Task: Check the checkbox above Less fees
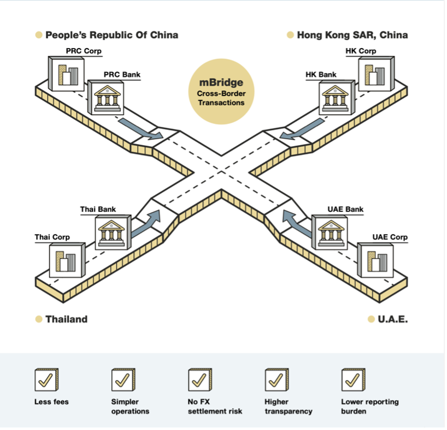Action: pos(46,379)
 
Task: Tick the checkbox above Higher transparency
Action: pos(277,379)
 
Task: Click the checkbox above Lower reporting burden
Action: pos(353,379)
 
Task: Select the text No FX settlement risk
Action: pos(215,407)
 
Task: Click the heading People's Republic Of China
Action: pos(111,35)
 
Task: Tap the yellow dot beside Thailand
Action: pos(39,319)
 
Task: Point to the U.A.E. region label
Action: pos(392,319)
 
